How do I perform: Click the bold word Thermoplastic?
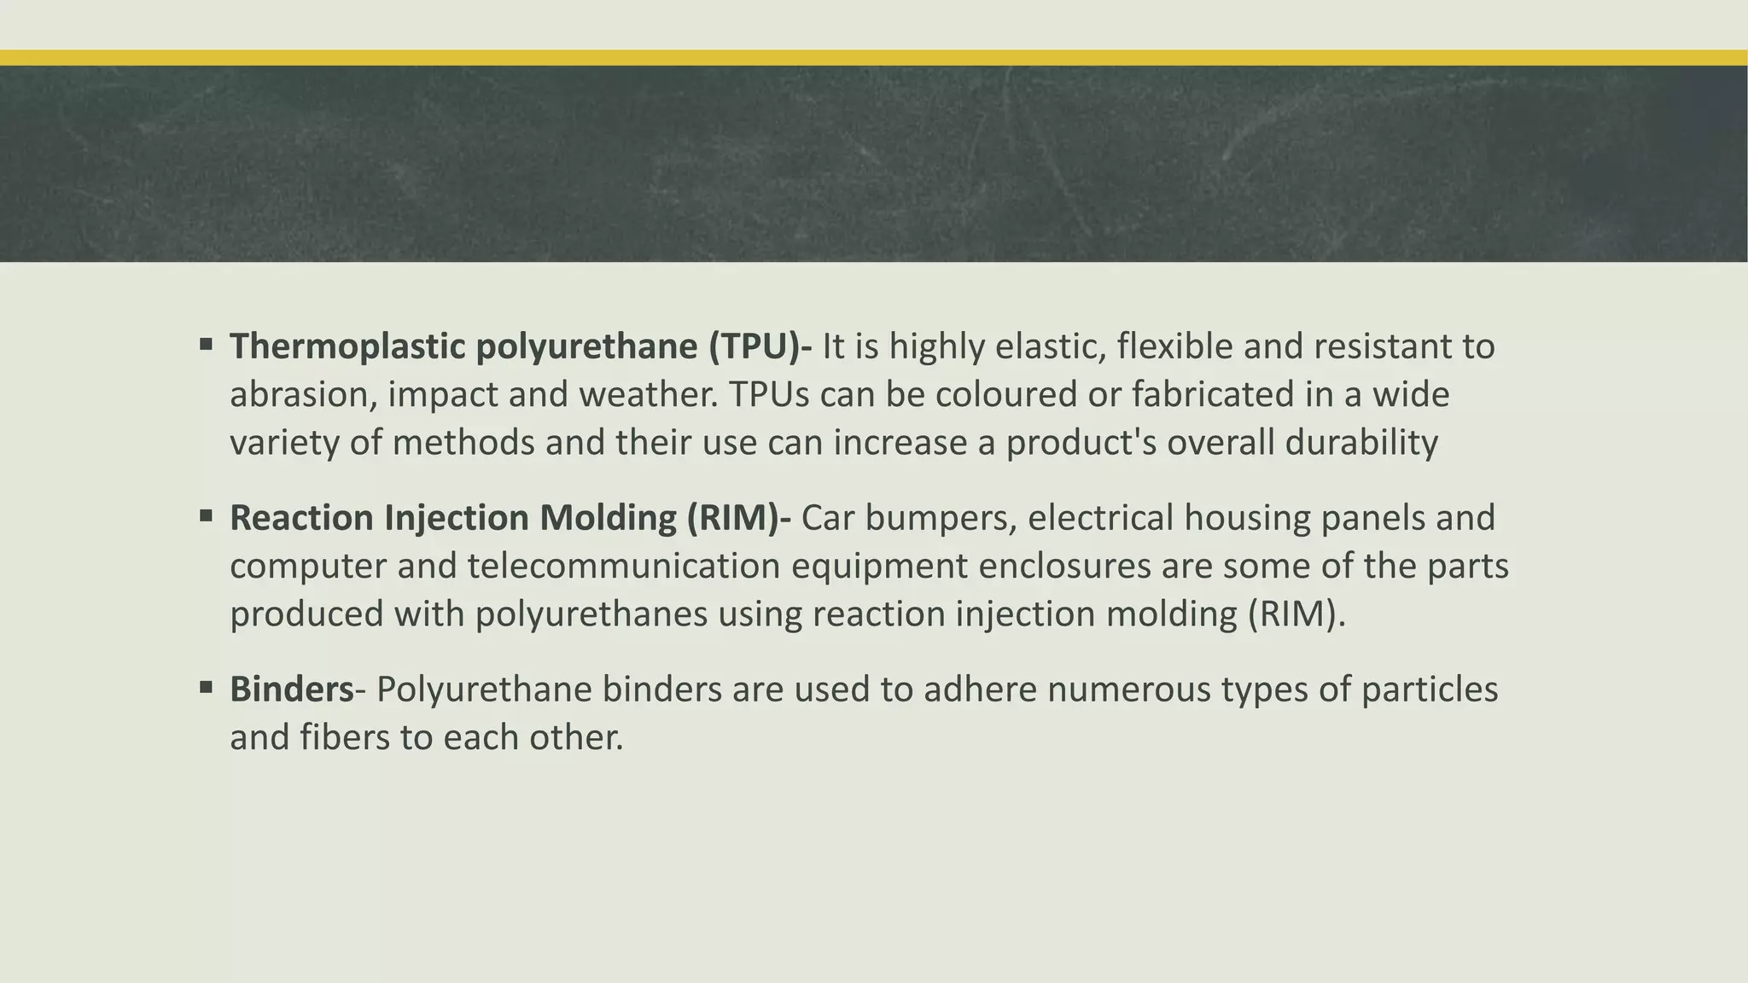[347, 346]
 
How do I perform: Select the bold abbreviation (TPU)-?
[760, 346]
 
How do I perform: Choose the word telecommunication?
[624, 566]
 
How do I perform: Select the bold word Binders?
[291, 689]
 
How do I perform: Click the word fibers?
[345, 737]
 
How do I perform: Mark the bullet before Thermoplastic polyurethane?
[206, 345]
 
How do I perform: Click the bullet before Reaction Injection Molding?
[206, 516]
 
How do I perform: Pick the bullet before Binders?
[206, 688]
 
